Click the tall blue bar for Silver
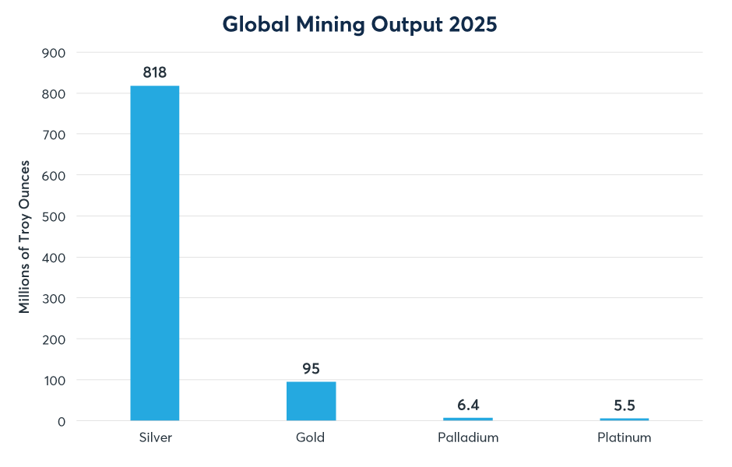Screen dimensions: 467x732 154,253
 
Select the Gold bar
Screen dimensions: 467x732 311,401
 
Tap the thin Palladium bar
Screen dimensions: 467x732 467,419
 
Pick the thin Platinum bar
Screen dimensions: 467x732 624,419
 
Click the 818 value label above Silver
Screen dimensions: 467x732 155,72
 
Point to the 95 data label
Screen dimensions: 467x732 311,368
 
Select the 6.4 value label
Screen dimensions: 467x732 468,405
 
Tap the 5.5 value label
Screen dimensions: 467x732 624,405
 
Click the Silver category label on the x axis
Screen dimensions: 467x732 154,437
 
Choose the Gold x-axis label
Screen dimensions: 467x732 310,437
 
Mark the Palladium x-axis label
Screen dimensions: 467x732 467,437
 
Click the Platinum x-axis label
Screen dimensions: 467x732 624,437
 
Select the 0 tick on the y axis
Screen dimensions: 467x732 62,421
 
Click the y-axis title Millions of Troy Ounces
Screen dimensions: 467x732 25,237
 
